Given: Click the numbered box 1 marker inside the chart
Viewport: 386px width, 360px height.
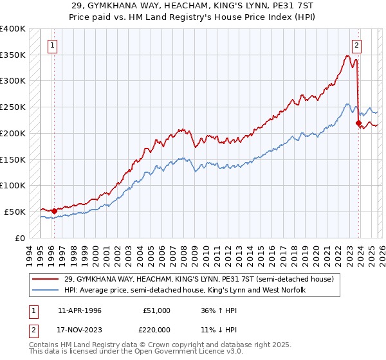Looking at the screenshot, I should tap(51, 45).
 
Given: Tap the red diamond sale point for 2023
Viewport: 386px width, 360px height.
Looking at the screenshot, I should tap(357, 122).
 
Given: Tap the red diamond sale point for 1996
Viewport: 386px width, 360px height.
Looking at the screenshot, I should tap(54, 211).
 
